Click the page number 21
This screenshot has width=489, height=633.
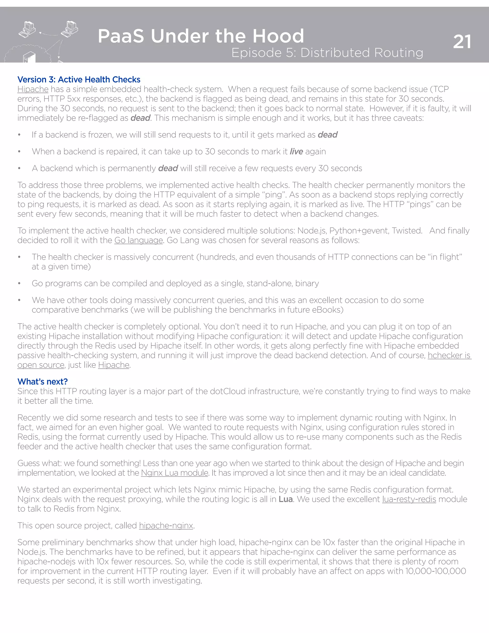[462, 42]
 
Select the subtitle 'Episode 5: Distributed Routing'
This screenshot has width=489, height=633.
[327, 53]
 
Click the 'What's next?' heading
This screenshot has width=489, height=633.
[42, 381]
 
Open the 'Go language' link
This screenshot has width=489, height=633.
[138, 240]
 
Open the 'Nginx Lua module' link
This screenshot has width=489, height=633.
[174, 473]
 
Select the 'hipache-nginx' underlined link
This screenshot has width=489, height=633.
[166, 526]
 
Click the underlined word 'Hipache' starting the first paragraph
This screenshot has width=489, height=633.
[33, 89]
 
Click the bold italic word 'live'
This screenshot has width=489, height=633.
[296, 152]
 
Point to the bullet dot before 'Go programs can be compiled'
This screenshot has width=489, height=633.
[19, 284]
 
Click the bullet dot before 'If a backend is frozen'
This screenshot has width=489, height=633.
[19, 135]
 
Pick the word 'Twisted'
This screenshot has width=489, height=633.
[407, 231]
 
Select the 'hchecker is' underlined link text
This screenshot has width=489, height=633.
[449, 355]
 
